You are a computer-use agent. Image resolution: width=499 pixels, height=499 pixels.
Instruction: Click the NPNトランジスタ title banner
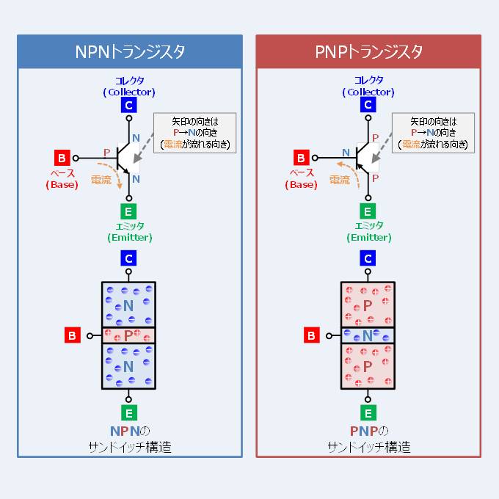pyautogui.click(x=130, y=52)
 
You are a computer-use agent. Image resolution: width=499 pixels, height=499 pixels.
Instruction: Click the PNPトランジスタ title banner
pyautogui.click(x=368, y=52)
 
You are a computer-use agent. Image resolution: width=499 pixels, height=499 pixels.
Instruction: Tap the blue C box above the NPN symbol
pyautogui.click(x=129, y=105)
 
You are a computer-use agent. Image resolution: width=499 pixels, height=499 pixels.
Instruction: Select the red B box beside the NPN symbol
pyautogui.click(x=62, y=157)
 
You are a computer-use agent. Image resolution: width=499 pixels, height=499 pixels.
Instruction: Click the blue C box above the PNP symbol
pyautogui.click(x=368, y=105)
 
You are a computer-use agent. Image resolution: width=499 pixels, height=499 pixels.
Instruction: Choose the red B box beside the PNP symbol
pyautogui.click(x=301, y=157)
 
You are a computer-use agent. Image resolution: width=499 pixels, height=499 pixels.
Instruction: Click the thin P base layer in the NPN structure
pyautogui.click(x=129, y=335)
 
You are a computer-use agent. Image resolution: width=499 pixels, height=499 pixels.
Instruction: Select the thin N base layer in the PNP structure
pyautogui.click(x=368, y=335)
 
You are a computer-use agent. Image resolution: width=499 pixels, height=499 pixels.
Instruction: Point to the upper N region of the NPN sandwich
pyautogui.click(x=129, y=305)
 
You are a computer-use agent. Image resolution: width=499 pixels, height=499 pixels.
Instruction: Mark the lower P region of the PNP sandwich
pyautogui.click(x=368, y=365)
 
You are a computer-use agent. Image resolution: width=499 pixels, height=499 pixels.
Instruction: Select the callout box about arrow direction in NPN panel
pyautogui.click(x=194, y=133)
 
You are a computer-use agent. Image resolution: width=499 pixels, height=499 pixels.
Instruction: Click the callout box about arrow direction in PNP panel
pyautogui.click(x=433, y=133)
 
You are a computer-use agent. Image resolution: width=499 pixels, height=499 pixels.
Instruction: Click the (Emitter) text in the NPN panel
pyautogui.click(x=129, y=237)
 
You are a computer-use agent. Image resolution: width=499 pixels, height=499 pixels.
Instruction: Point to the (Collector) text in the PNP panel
pyautogui.click(x=368, y=92)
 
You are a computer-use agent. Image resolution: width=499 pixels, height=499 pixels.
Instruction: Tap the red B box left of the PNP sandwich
pyautogui.click(x=312, y=335)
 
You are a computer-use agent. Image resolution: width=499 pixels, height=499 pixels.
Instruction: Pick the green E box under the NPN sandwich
pyautogui.click(x=129, y=412)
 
